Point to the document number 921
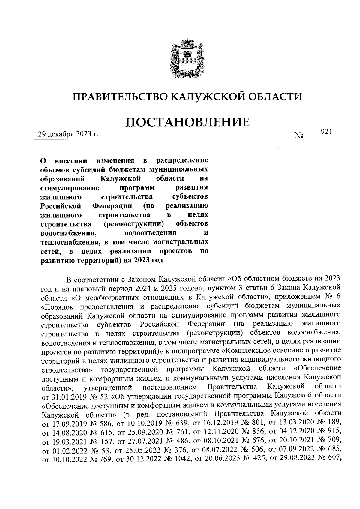pyautogui.click(x=326, y=131)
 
